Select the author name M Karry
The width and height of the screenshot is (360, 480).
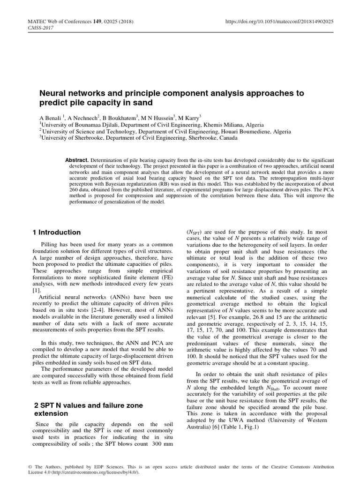[x=187, y=118]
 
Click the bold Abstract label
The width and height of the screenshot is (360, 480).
[x=76, y=160]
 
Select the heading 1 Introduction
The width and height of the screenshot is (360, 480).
[x=57, y=232]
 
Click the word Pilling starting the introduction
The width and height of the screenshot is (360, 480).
[x=51, y=245]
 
